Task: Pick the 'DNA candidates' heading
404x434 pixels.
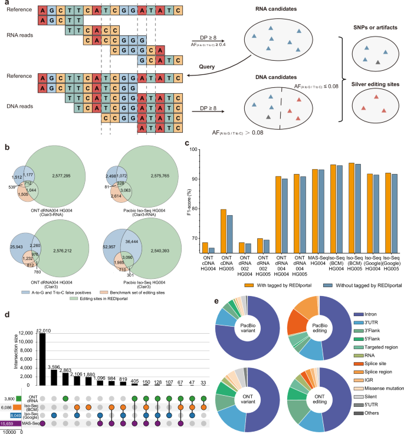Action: (x=265, y=78)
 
